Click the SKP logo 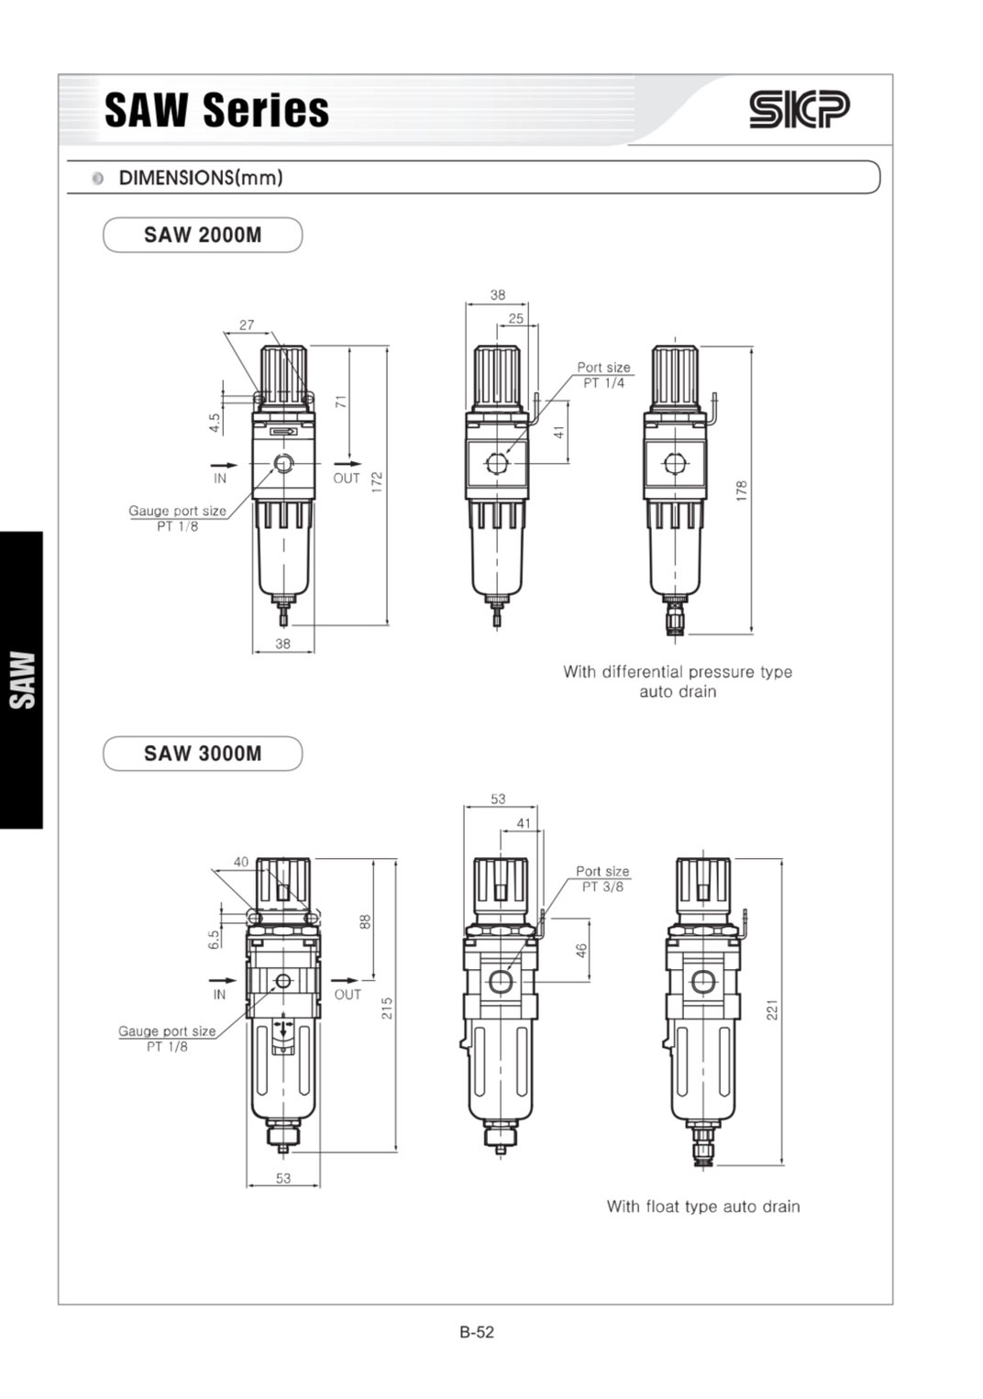tap(799, 110)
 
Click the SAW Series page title tap(216, 110)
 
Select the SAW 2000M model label tap(203, 235)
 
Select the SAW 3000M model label tap(203, 754)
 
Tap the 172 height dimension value tap(377, 482)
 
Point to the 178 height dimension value tap(741, 490)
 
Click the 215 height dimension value tap(387, 1008)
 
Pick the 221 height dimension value tap(772, 1010)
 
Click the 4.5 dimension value tap(215, 423)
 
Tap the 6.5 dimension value tap(214, 940)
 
